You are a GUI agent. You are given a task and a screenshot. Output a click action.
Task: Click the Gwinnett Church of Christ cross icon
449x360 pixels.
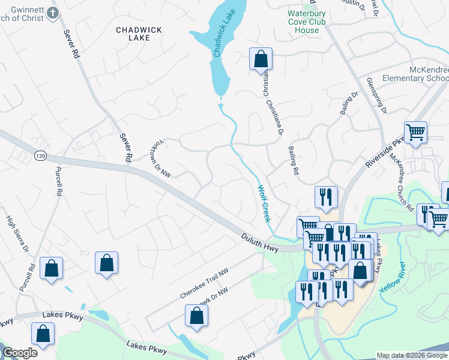(53, 13)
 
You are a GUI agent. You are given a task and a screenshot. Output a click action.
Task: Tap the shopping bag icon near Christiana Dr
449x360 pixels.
(261, 59)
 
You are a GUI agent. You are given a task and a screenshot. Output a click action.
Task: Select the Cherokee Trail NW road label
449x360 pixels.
(205, 284)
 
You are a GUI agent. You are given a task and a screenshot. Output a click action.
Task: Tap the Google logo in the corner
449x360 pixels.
(20, 353)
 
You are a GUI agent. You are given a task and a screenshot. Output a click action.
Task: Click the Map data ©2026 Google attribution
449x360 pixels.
(412, 355)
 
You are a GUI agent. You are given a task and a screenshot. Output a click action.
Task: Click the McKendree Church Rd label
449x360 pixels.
(400, 180)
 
